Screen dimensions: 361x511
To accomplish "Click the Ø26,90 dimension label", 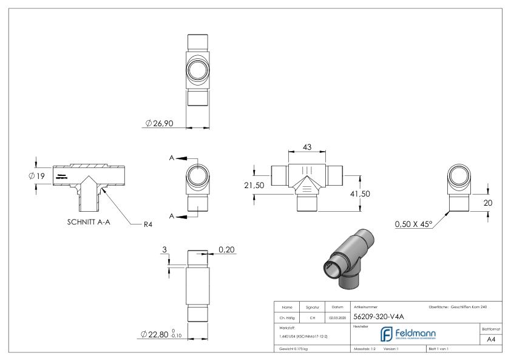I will pyautogui.click(x=160, y=124).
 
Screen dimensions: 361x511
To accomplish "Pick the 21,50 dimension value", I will pyautogui.click(x=254, y=186).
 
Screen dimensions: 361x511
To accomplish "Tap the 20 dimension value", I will pyautogui.click(x=487, y=203).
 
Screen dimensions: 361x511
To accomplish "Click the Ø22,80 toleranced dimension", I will pyautogui.click(x=161, y=334).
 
